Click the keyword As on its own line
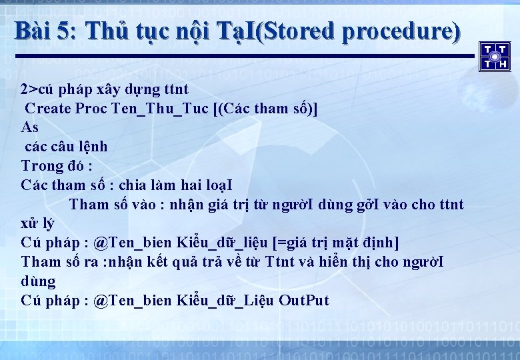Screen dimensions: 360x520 (x=30, y=127)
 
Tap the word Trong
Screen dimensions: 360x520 (x=41, y=165)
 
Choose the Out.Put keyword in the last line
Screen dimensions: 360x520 (x=303, y=300)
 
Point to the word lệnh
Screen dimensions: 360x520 (x=92, y=147)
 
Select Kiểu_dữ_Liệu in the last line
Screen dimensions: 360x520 (x=225, y=300)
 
